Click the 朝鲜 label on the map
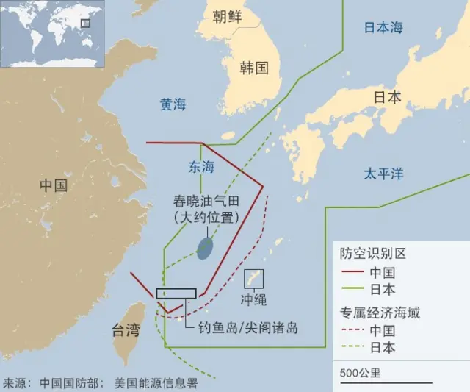coord(228,17)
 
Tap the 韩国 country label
coord(254,68)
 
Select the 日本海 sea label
coord(384,28)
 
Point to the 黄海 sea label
coord(173,105)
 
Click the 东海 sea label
coord(201,168)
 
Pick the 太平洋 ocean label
coord(384,174)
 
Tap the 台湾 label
coord(125,330)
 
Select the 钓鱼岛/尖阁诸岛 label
coord(248,329)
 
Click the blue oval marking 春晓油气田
coord(206,248)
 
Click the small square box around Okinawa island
coord(254,279)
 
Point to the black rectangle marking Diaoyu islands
coord(176,293)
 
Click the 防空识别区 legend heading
coord(372,254)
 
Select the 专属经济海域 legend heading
coord(380,313)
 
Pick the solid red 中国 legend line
coord(352,271)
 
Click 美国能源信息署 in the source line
coord(156,383)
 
